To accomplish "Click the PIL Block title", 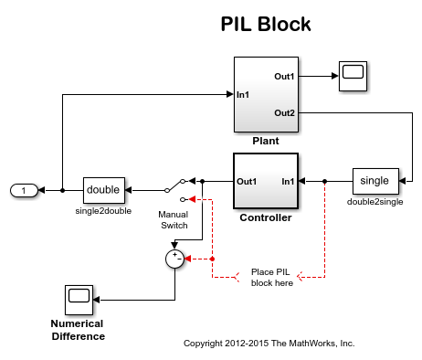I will tap(265, 24).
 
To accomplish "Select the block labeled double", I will tap(103, 190).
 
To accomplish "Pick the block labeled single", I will tap(375, 181).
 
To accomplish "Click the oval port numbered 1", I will tap(24, 190).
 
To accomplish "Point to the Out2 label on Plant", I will tap(283, 112).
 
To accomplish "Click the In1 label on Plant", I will tap(244, 94).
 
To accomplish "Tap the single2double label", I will tap(103, 211).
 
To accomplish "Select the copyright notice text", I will tap(269, 344).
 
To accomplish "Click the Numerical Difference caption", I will tap(77, 330).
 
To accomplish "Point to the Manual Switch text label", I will tap(173, 219).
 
